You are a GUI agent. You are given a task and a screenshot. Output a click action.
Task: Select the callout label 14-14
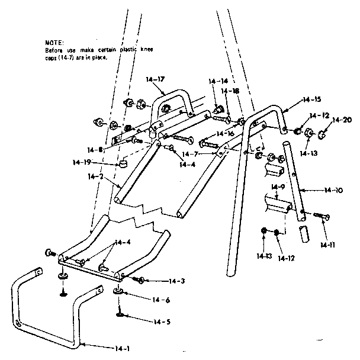218,81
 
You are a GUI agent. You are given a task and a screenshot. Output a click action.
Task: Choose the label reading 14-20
342,120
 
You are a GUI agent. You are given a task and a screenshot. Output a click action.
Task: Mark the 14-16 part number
224,134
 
